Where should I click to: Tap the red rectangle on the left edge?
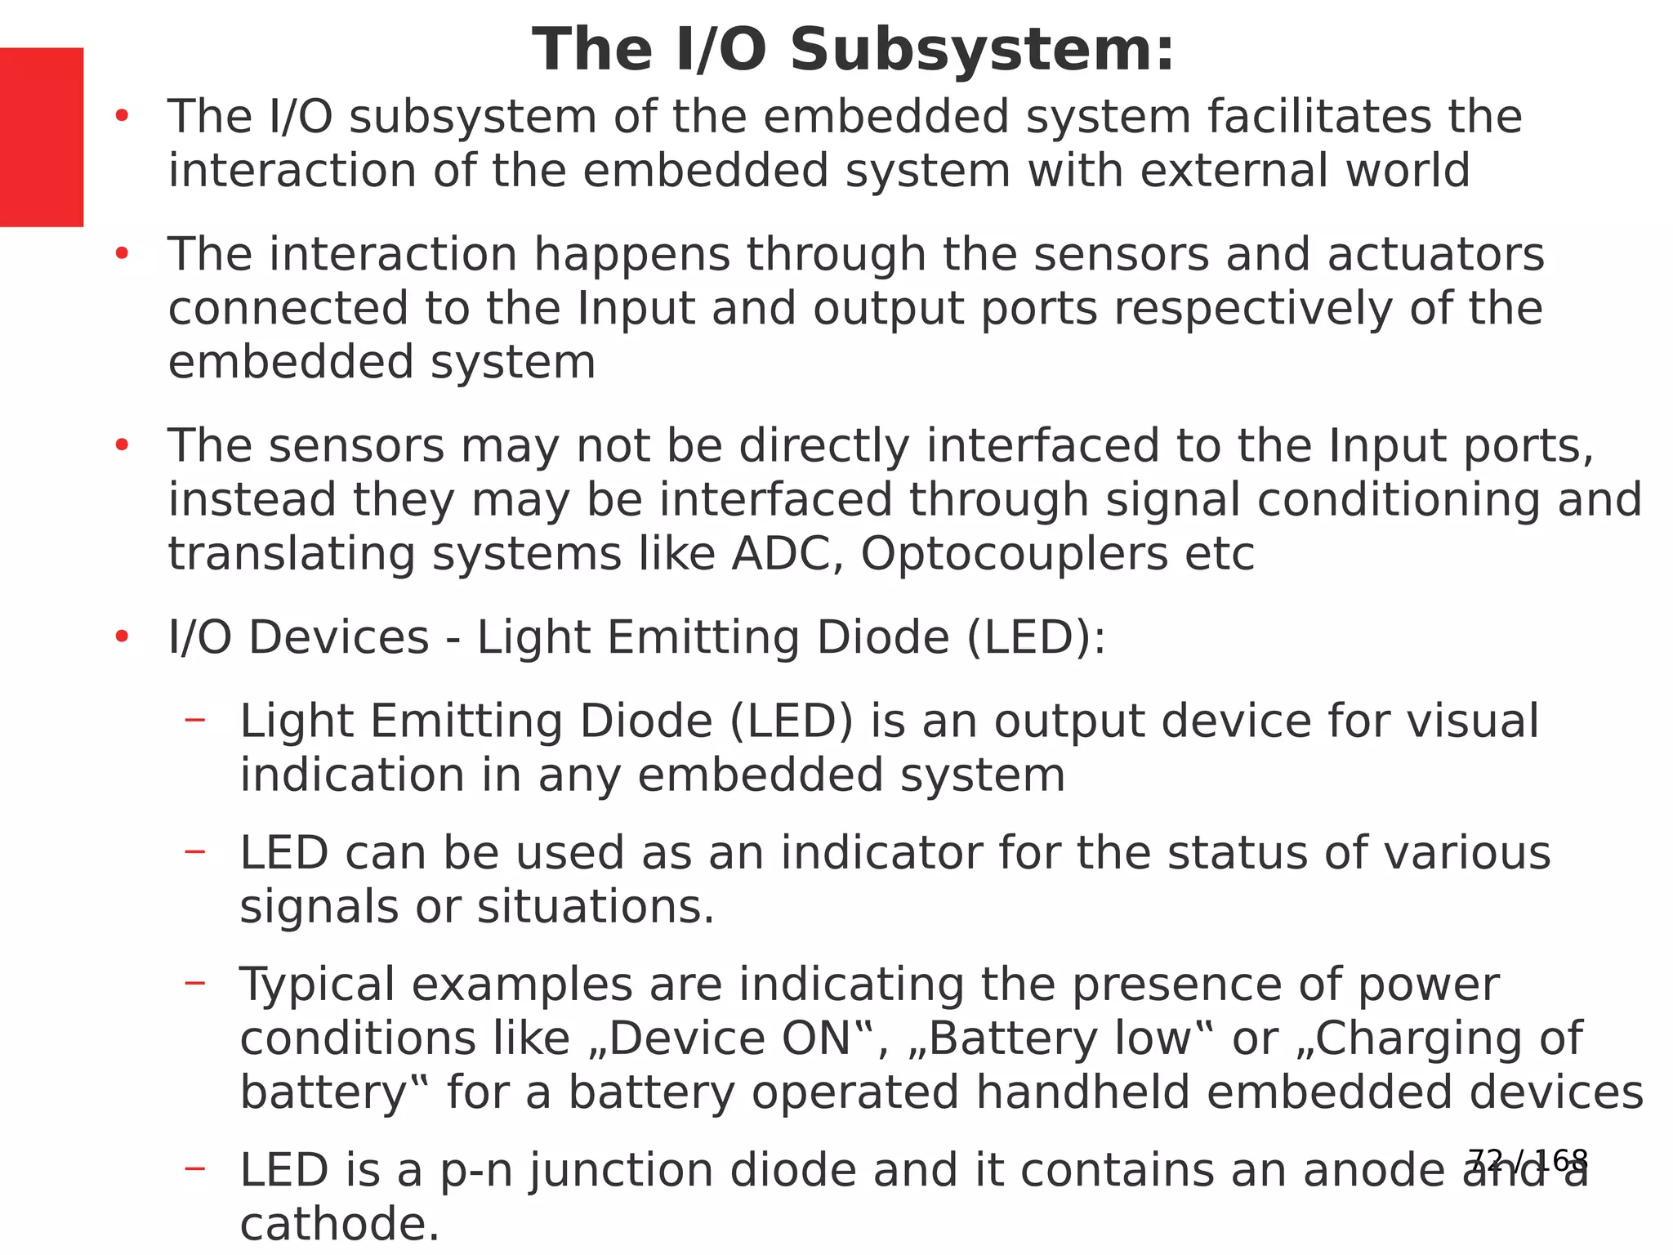click(42, 137)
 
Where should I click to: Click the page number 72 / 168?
click(1528, 1160)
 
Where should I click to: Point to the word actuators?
click(1435, 254)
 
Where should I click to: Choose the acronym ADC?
click(787, 554)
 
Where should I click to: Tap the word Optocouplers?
click(1014, 556)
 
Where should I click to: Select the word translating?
click(292, 556)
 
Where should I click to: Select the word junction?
click(620, 1171)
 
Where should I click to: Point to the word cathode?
click(339, 1225)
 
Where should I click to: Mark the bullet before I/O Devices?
click(123, 637)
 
